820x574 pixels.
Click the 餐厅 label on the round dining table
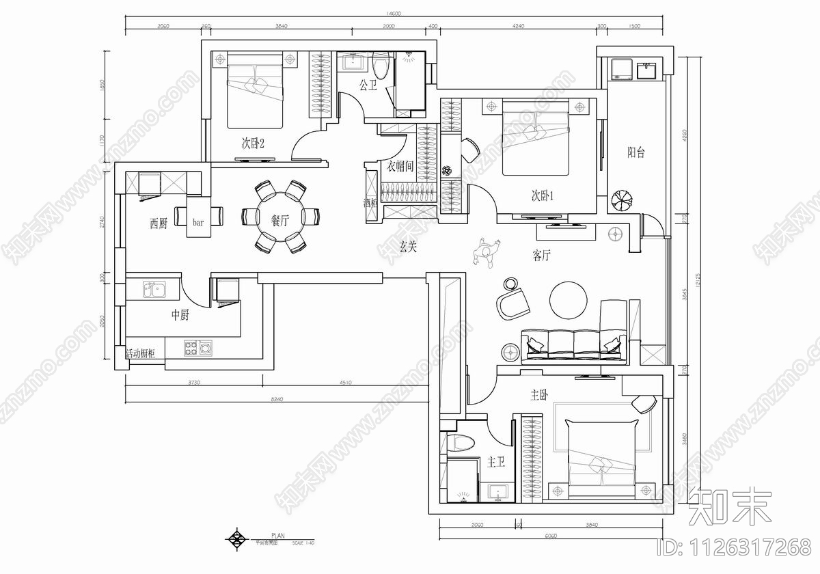pyautogui.click(x=280, y=221)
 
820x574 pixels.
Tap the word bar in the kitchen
pyautogui.click(x=198, y=223)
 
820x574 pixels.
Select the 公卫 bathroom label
pyautogui.click(x=368, y=85)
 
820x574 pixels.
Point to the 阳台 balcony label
pyautogui.click(x=636, y=153)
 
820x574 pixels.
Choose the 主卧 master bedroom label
pyautogui.click(x=539, y=395)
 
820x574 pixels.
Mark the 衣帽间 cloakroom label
pyautogui.click(x=401, y=166)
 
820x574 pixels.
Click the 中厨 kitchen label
pyautogui.click(x=180, y=315)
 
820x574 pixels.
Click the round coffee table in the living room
pyautogui.click(x=569, y=301)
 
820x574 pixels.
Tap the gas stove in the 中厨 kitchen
pyautogui.click(x=197, y=348)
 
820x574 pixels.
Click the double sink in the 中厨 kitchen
pyautogui.click(x=154, y=290)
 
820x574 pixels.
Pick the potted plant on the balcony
pyautogui.click(x=623, y=200)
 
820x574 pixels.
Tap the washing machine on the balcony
pyautogui.click(x=622, y=70)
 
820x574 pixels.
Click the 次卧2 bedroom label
pyautogui.click(x=252, y=143)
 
